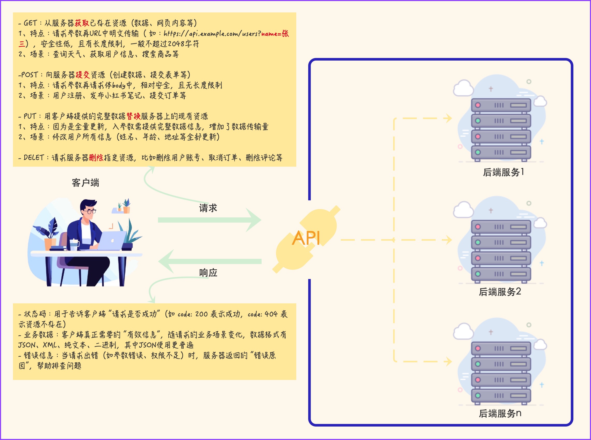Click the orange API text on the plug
(306, 238)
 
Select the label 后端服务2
(500, 292)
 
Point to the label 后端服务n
(500, 413)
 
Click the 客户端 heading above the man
(85, 183)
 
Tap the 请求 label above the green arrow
(208, 208)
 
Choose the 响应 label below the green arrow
(208, 273)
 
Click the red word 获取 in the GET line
(82, 23)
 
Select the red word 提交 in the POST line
(83, 75)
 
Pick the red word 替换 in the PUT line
(133, 116)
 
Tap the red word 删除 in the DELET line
(96, 158)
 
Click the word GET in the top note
(30, 23)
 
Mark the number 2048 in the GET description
(176, 44)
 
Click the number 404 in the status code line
(271, 314)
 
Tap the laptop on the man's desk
(112, 240)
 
